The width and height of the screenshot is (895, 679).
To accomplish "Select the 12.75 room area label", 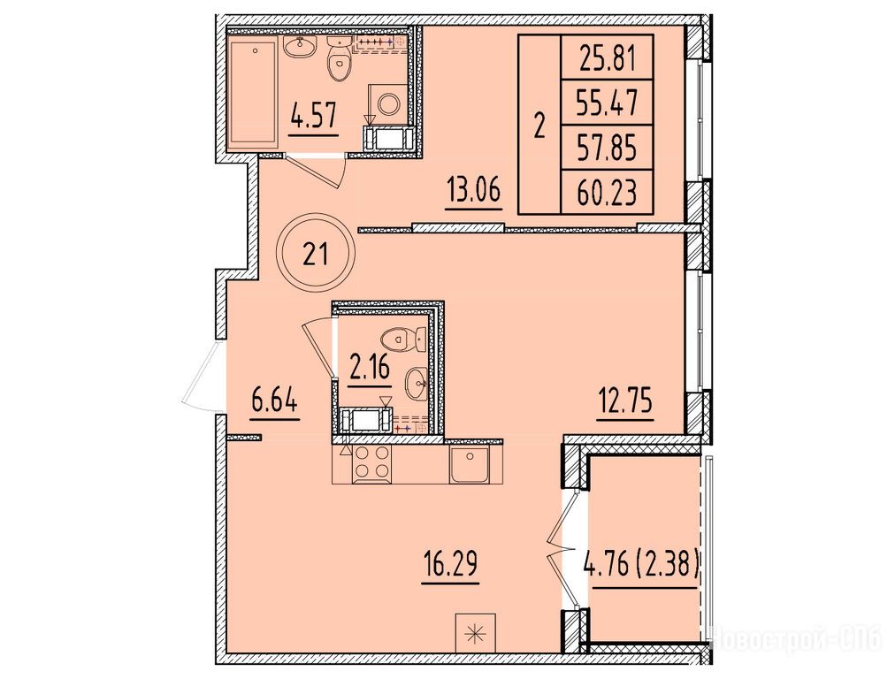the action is (624, 401).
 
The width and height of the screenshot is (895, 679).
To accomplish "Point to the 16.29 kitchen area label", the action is (450, 564).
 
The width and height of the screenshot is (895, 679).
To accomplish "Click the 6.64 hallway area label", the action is (275, 401).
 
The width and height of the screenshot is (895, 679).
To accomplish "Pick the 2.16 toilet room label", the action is (370, 368).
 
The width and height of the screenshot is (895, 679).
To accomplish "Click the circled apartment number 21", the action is (316, 253).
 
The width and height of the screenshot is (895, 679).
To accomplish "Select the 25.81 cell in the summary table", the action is (608, 58).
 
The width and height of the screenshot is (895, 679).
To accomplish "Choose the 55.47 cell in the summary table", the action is (608, 103).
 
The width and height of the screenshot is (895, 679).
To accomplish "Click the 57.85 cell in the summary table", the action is (608, 149).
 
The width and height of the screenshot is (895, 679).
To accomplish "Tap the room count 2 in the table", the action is (539, 126).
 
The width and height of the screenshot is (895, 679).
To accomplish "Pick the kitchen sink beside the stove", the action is (469, 464).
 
